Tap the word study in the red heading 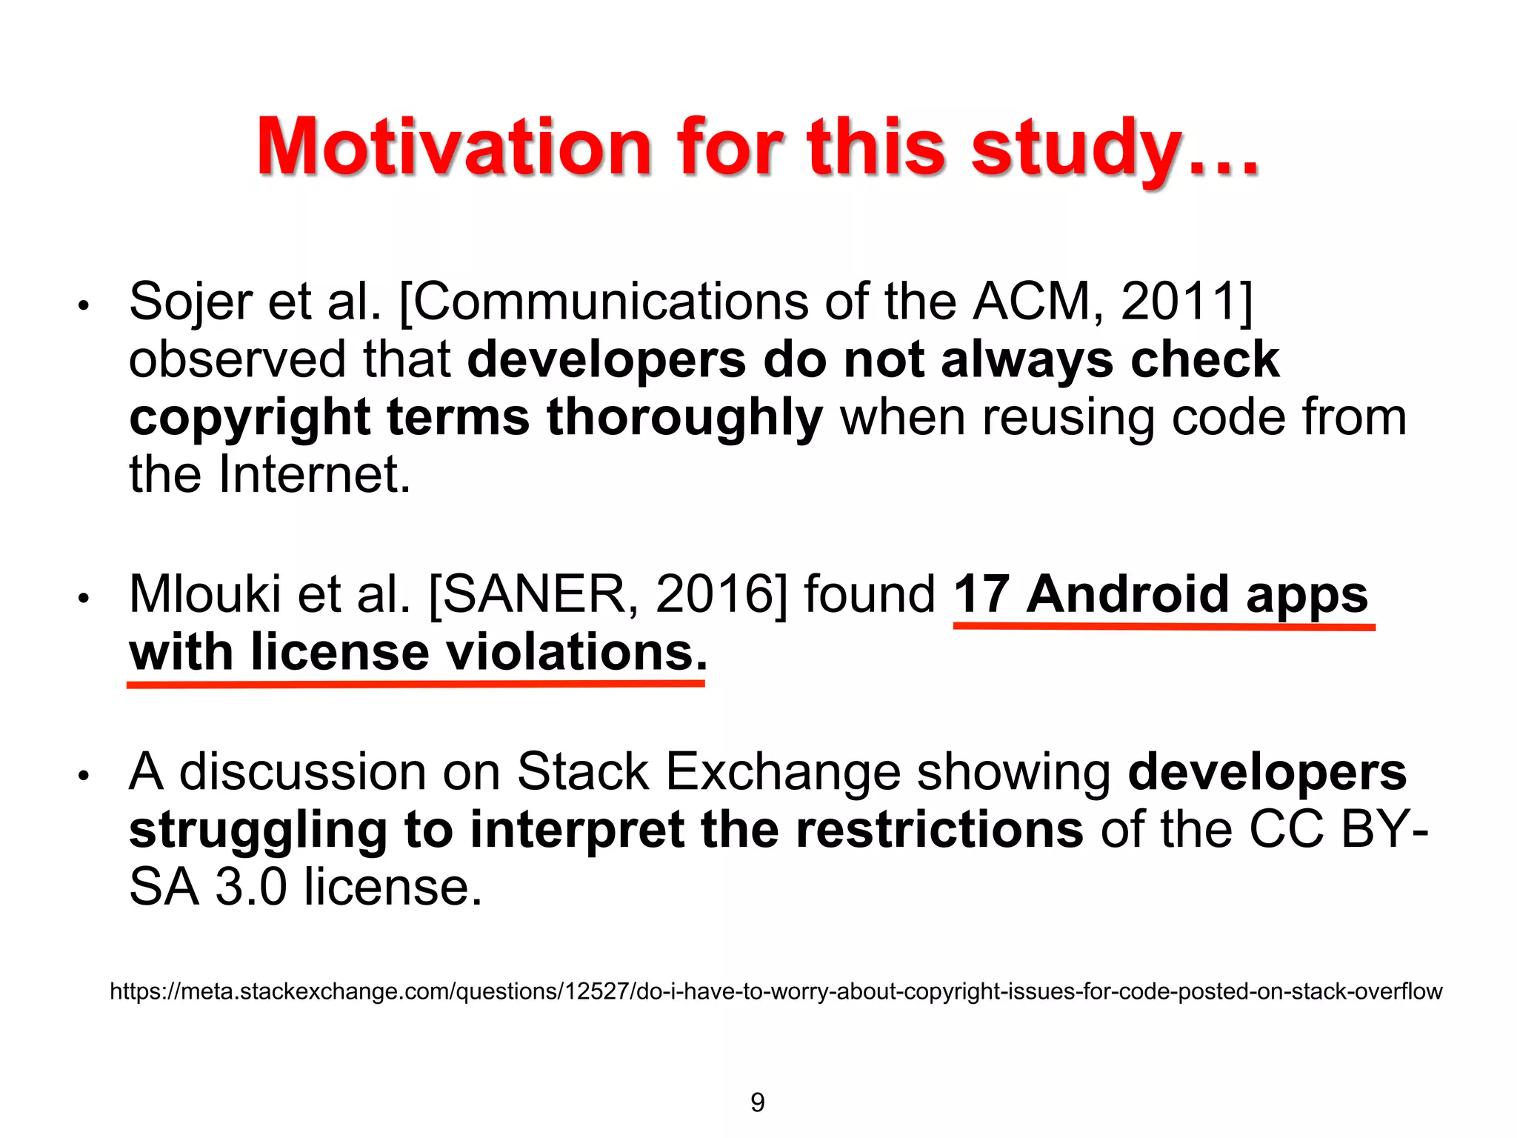[x=1076, y=148]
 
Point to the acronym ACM [x=1031, y=302]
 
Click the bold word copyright [x=249, y=418]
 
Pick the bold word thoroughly [x=684, y=418]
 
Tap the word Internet [x=314, y=475]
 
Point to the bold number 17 [x=981, y=594]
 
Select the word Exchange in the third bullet [x=782, y=772]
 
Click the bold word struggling [x=258, y=830]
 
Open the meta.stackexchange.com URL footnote [x=776, y=991]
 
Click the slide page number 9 [x=757, y=1102]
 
